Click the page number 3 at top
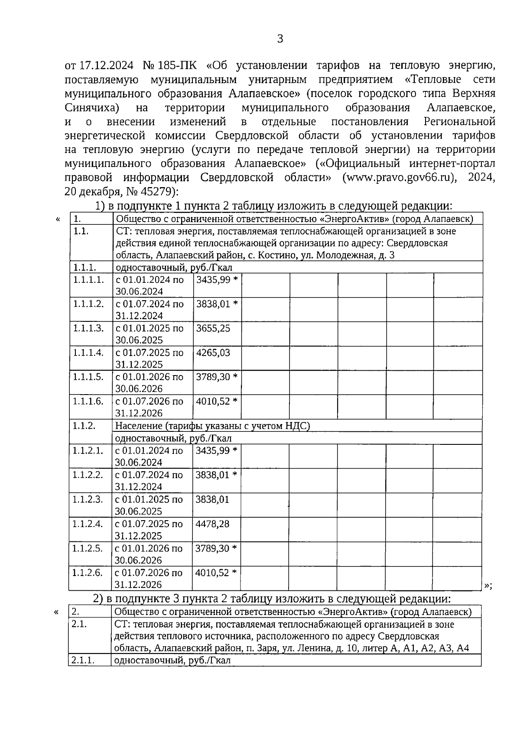tap(280, 39)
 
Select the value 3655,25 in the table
tap(213, 328)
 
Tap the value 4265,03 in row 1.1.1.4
tap(213, 353)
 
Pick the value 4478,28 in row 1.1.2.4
tap(212, 524)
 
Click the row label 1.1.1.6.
tap(88, 401)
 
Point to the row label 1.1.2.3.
tap(88, 499)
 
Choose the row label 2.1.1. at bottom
tap(84, 661)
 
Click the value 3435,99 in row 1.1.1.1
tap(213, 280)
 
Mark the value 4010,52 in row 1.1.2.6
tap(212, 573)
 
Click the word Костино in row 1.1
tap(276, 256)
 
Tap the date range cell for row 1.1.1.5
tap(149, 382)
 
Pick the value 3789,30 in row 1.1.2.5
tap(212, 548)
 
